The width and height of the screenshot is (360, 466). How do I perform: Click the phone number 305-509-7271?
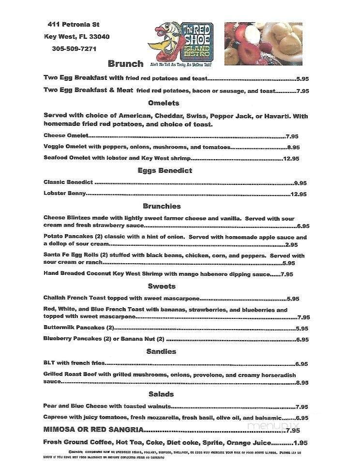74,48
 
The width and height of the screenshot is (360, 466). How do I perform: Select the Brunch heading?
125,63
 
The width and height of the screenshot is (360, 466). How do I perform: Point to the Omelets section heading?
164,103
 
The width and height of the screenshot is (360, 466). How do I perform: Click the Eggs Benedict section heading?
165,170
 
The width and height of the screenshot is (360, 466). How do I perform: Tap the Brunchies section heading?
162,206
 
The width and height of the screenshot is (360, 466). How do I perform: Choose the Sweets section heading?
162,286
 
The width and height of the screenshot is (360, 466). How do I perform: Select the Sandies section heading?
161,351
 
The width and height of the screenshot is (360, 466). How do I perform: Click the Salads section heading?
161,394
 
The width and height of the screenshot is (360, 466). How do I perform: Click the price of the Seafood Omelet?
291,158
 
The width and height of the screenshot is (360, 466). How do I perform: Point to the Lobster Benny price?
299,195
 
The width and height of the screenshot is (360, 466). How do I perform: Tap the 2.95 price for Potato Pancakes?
291,245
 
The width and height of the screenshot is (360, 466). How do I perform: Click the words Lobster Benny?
65,194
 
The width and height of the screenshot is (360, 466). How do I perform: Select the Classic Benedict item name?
68,182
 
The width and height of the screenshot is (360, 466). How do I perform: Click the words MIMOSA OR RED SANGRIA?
93,430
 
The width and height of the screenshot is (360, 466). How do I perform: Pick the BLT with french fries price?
301,364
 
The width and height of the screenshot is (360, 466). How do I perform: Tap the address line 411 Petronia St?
74,24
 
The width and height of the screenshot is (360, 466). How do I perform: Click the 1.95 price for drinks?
300,443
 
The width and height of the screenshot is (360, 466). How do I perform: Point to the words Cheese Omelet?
66,136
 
